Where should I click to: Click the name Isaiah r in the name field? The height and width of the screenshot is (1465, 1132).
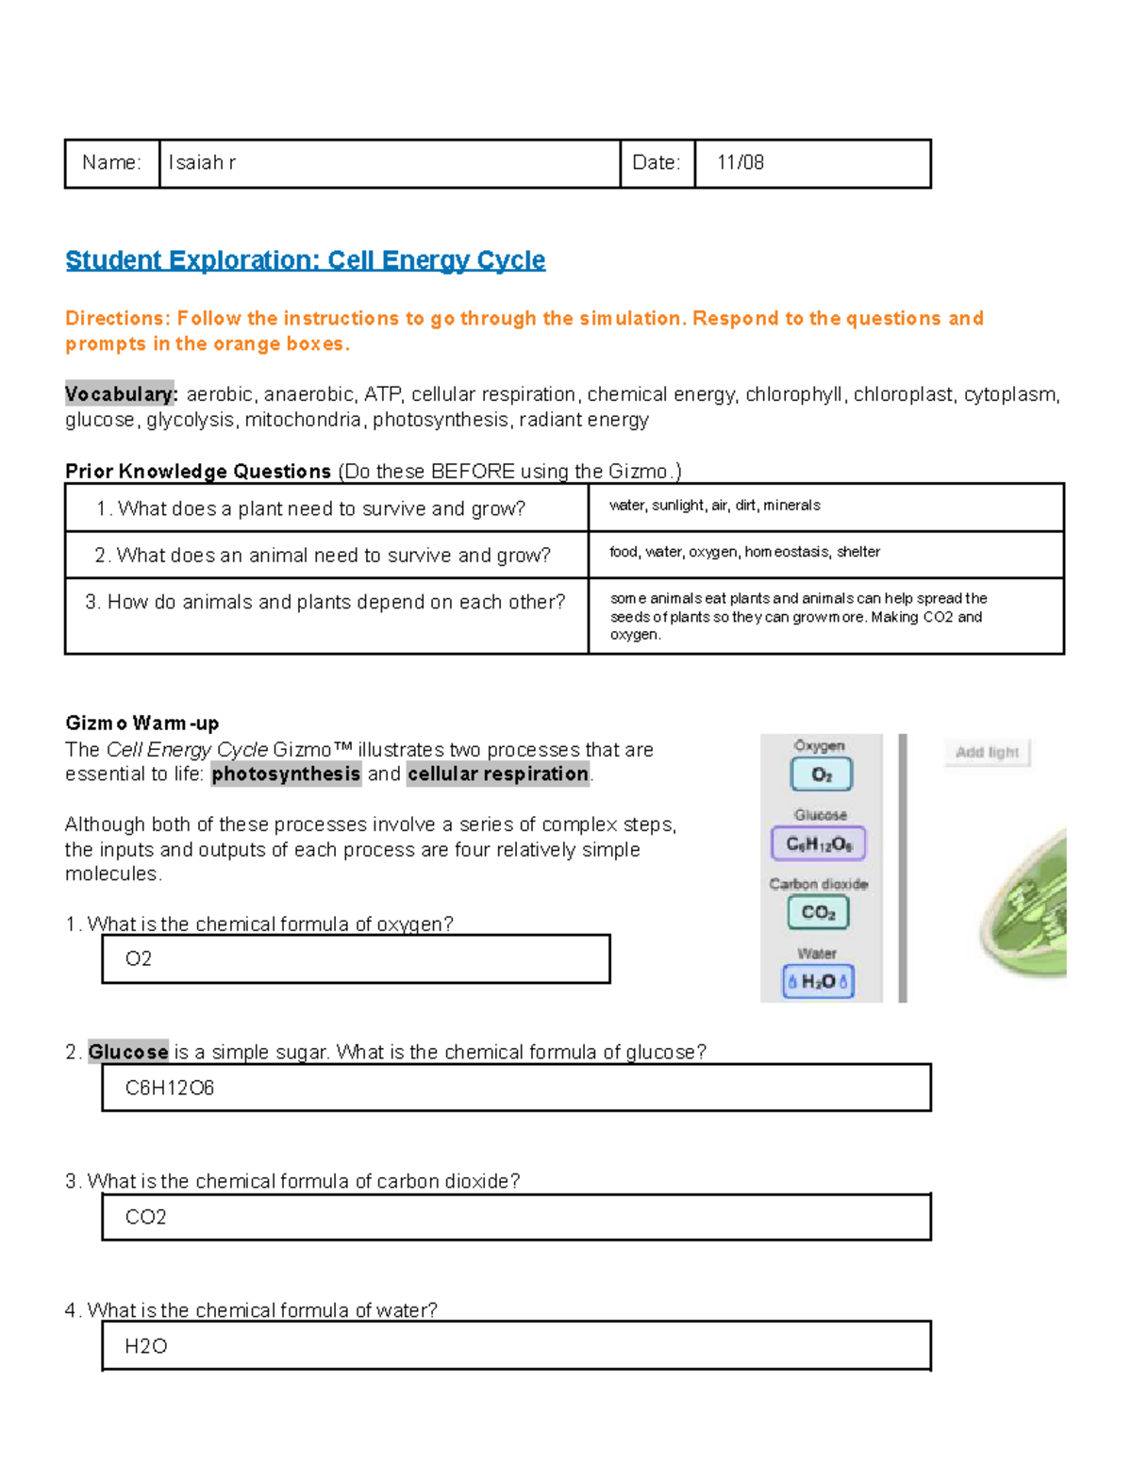pos(202,163)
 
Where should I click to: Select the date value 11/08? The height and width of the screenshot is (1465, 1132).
pos(740,163)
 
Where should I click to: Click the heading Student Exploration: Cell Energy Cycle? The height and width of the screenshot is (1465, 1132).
pos(305,260)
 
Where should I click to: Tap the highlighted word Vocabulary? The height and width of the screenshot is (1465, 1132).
pos(121,394)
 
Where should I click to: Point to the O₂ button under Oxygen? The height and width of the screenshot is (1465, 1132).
pos(821,774)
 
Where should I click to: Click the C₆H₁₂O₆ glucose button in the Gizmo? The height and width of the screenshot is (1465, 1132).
pos(819,843)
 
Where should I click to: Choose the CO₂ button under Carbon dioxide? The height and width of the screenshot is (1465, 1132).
pos(818,912)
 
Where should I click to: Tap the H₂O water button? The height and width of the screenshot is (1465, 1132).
pos(818,981)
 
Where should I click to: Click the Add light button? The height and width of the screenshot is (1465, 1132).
pos(987,752)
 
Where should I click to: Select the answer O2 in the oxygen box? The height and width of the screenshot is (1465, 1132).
pos(139,959)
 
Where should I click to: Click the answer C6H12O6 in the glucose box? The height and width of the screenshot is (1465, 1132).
pos(170,1089)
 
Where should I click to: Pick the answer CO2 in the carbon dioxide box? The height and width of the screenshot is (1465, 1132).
pos(146,1218)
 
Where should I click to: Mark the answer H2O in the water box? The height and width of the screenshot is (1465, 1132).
pos(146,1346)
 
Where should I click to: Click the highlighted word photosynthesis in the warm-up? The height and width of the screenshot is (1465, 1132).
pos(286,774)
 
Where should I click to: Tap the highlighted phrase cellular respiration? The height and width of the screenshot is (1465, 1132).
pos(498,774)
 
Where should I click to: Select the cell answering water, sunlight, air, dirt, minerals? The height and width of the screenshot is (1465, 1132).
pos(714,506)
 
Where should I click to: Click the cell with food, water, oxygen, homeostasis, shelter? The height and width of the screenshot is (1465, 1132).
pos(744,552)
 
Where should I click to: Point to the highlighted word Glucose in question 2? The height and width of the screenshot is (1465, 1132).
pos(128,1053)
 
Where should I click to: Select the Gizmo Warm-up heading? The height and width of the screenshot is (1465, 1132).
pos(141,724)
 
